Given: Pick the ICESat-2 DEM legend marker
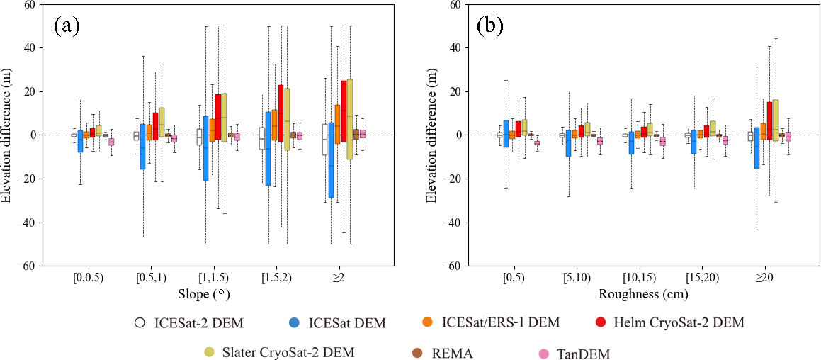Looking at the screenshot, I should pyautogui.click(x=140, y=323).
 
